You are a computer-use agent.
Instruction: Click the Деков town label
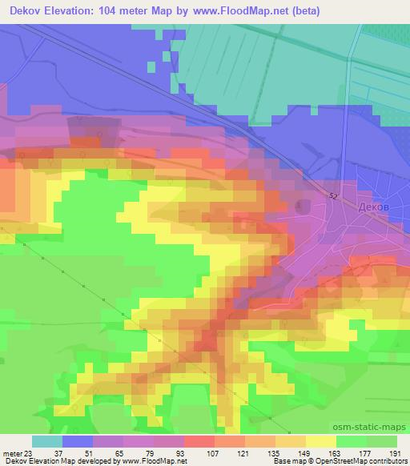375,206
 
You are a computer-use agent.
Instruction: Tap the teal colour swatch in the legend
47,440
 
